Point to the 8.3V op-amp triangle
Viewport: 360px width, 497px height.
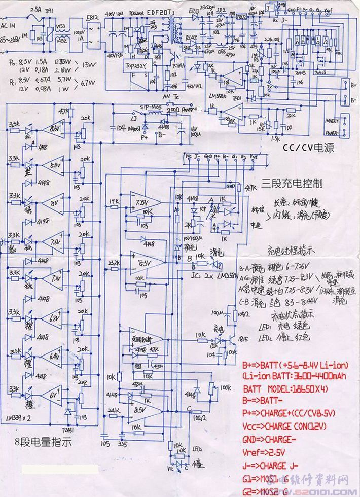(145, 262)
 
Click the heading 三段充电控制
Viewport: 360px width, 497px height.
(293, 183)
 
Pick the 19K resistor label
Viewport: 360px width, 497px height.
(114, 201)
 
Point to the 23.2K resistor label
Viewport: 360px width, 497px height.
(113, 262)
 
